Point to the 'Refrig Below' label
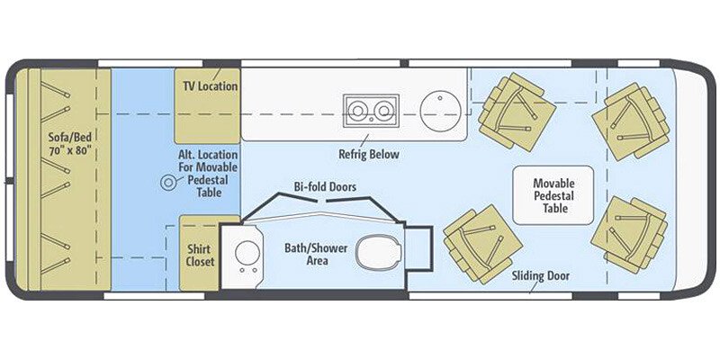coord(368,154)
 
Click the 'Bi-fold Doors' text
coord(324,186)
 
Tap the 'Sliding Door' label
coord(540,275)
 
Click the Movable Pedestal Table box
coord(553,194)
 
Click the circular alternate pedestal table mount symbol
coord(167,182)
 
